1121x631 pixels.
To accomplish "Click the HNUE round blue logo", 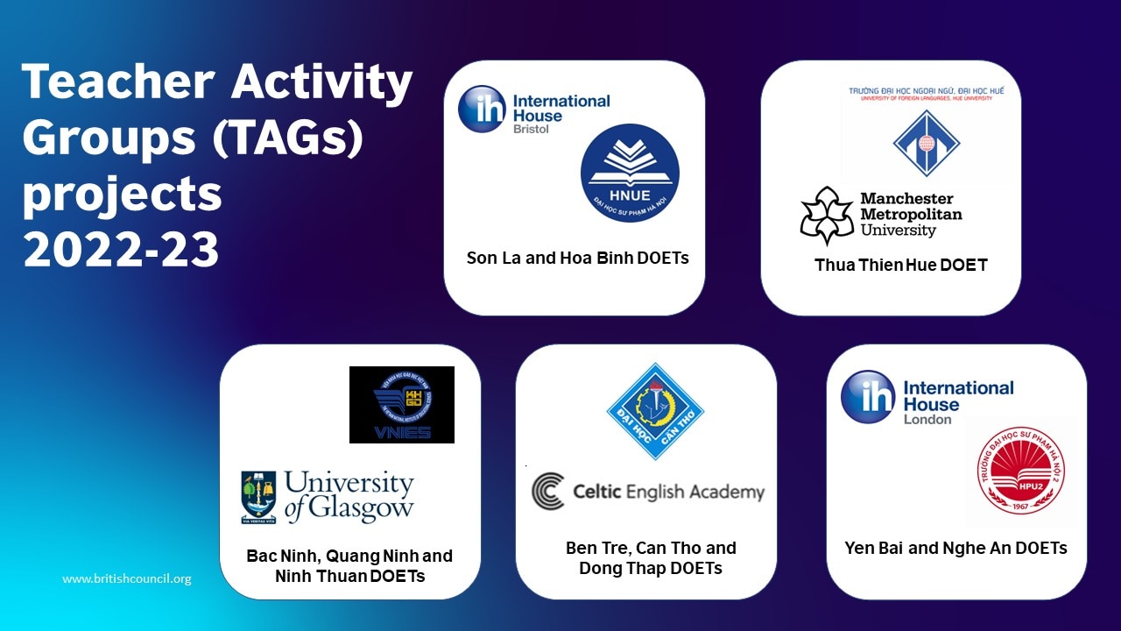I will tap(630, 173).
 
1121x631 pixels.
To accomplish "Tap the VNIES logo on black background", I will tap(402, 404).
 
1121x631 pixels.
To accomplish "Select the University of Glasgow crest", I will tap(258, 497).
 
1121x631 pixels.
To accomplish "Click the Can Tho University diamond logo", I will tap(655, 411).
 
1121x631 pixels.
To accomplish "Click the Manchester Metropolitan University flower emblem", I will tap(826, 216).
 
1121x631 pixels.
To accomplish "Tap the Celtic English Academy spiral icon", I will tap(548, 491).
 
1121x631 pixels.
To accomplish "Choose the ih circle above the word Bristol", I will tap(482, 109).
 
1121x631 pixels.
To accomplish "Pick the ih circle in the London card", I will tap(868, 396).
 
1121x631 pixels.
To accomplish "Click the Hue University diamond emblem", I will tap(927, 143).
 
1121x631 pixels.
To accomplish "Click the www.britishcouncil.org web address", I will tap(126, 578).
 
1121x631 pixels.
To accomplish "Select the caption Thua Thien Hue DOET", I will tap(901, 265).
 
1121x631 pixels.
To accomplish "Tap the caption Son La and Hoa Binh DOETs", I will tap(577, 258).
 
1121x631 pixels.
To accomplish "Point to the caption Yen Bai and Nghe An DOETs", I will tap(955, 548).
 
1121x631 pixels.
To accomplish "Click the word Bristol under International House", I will tap(532, 130).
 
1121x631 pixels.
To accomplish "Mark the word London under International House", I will tap(927, 419).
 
